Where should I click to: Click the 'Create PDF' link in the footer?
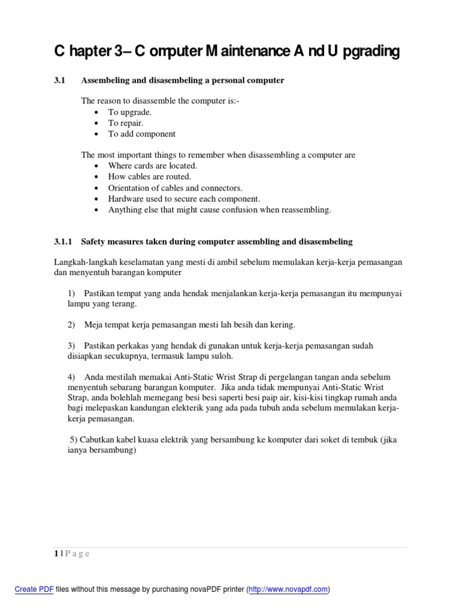point(34,589)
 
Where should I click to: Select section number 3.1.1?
point(63,242)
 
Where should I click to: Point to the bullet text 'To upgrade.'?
point(130,112)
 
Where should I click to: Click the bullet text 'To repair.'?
point(126,123)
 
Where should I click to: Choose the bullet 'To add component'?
point(141,134)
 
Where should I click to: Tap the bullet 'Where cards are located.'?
point(152,165)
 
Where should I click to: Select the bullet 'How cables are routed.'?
point(149,177)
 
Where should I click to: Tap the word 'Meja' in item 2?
point(95,324)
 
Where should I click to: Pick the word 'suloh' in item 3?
point(220,356)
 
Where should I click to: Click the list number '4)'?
point(71,377)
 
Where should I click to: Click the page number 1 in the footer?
point(56,553)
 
